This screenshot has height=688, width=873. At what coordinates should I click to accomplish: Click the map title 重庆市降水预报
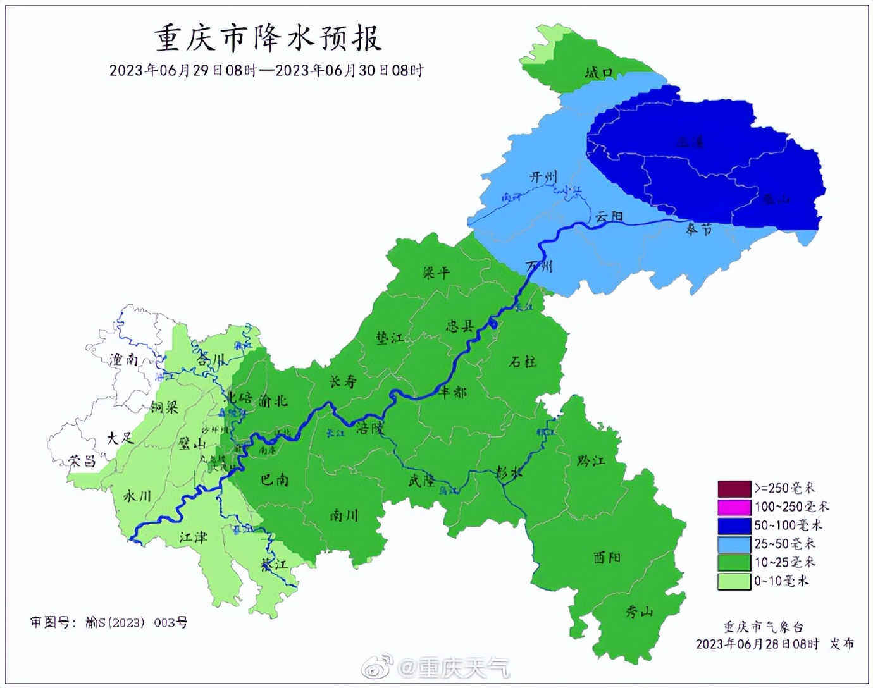click(x=268, y=38)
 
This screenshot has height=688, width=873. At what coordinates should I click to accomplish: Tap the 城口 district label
click(x=598, y=73)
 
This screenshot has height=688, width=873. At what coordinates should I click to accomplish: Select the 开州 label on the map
click(x=543, y=176)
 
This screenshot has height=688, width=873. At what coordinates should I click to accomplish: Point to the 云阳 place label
click(x=609, y=216)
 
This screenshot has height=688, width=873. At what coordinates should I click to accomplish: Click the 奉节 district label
click(x=699, y=229)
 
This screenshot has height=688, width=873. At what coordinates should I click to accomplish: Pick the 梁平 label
click(x=436, y=273)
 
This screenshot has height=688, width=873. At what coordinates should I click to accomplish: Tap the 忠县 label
click(x=460, y=326)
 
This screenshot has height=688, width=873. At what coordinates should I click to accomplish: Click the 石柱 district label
click(x=523, y=362)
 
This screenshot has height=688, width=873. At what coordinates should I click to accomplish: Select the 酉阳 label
click(x=607, y=557)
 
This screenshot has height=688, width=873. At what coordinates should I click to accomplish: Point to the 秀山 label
click(x=639, y=611)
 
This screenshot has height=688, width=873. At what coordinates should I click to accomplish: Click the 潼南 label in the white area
click(x=124, y=360)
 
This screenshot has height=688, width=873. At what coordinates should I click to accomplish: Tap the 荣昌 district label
click(x=82, y=461)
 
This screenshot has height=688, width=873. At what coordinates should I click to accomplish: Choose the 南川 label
click(x=344, y=516)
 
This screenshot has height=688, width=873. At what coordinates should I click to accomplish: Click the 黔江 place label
click(x=591, y=461)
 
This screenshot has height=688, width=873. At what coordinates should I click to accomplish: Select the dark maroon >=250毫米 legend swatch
click(x=734, y=488)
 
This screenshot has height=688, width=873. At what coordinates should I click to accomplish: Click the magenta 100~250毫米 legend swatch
click(x=734, y=507)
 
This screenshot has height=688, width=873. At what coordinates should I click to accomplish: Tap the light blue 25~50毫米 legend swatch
click(x=734, y=544)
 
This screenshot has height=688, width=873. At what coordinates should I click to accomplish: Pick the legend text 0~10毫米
click(x=781, y=580)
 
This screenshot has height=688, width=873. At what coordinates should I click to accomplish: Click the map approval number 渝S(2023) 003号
click(x=136, y=623)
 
